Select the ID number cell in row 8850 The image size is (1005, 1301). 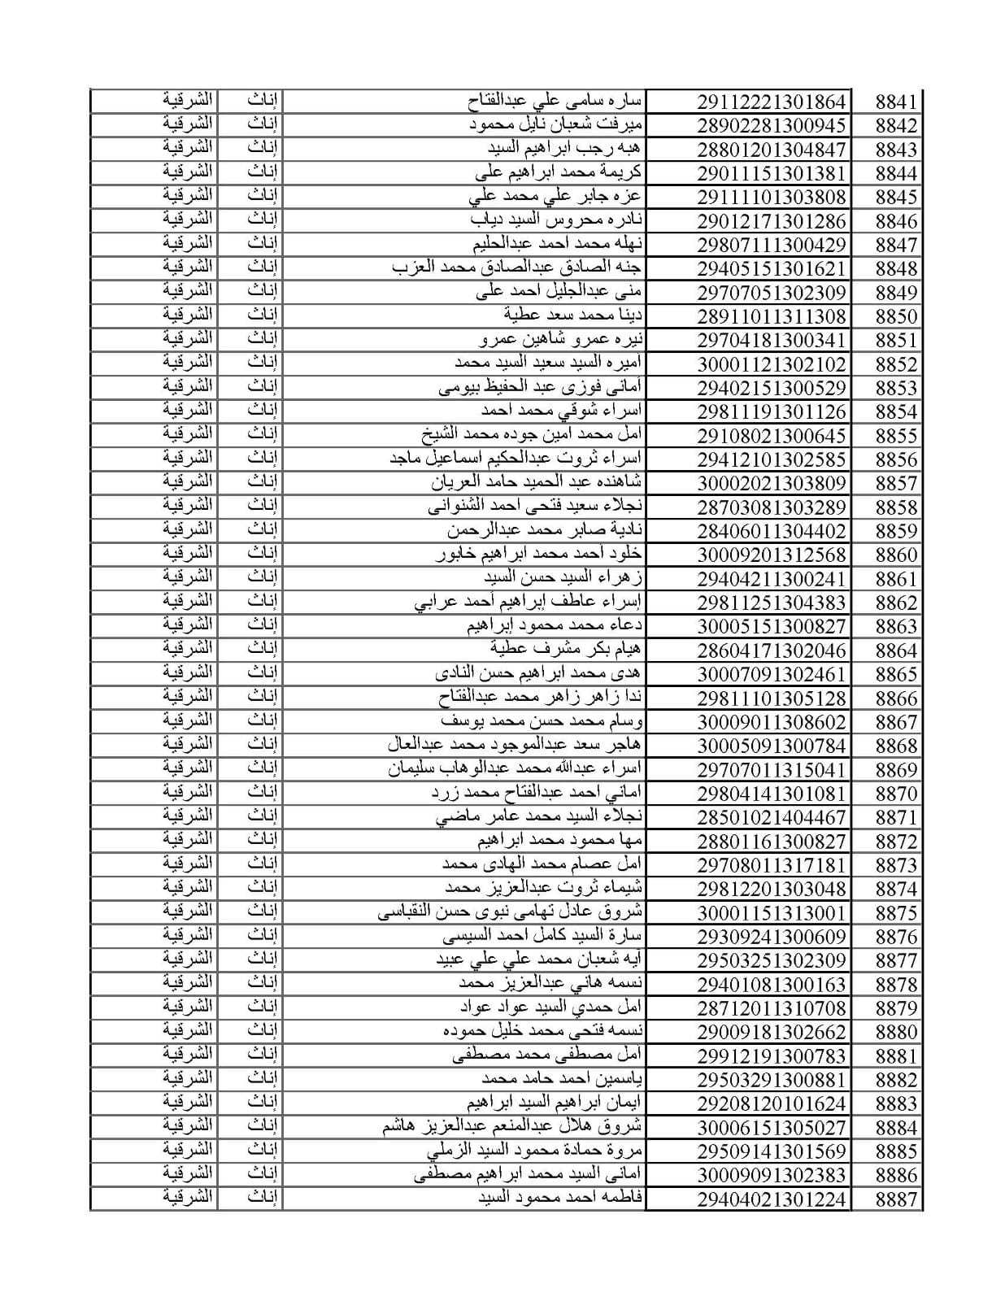coord(771,316)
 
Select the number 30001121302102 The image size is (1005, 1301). coord(771,364)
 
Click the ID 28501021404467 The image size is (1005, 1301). coord(771,817)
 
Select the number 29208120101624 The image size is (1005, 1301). coord(771,1103)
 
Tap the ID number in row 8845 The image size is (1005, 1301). coord(771,197)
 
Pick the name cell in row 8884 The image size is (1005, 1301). coord(512,1127)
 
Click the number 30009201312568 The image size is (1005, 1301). coord(771,555)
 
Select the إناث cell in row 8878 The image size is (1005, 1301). coord(262,983)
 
